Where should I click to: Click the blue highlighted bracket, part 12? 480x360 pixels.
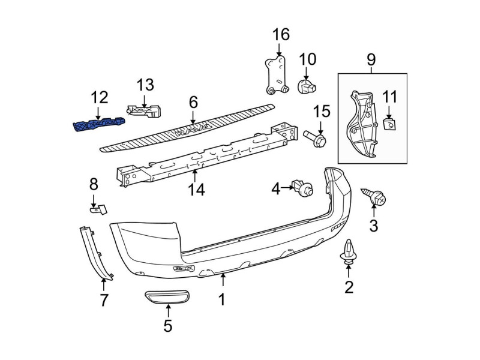tap(99, 124)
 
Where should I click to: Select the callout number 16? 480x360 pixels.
tap(281, 34)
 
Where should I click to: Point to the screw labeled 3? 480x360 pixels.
tap(374, 197)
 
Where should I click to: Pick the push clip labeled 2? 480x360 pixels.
tap(349, 251)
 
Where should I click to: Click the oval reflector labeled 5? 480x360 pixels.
tap(167, 297)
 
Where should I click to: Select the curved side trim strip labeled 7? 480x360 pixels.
tap(95, 253)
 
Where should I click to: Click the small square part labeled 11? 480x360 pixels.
tap(389, 124)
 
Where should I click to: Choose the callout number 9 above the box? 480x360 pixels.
tap(371, 59)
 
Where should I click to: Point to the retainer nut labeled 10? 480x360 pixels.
tap(306, 86)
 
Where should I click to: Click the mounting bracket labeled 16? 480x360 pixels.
tap(277, 74)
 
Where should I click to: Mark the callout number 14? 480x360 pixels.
tap(196, 190)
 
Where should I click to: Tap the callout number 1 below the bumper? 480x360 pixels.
tap(222, 299)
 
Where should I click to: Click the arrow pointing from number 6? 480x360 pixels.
tap(193, 116)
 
